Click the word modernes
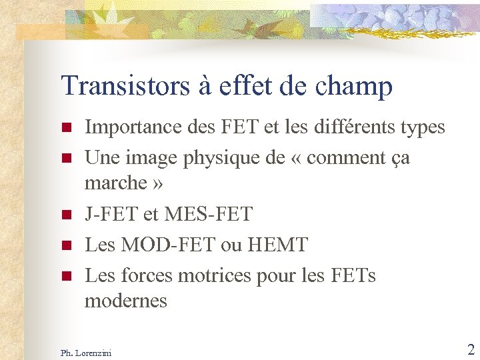coord(126,301)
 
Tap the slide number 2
coord(470,349)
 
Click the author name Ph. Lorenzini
coord(86,352)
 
